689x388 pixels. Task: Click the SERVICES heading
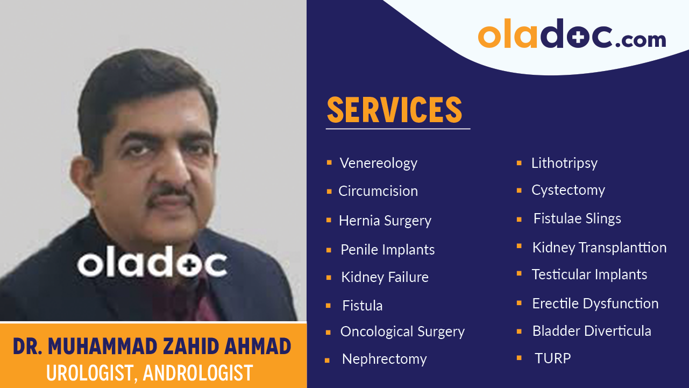pos(395,110)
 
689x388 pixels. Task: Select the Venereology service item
pos(378,163)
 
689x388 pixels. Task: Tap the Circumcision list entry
pos(378,191)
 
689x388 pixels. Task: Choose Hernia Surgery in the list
pos(385,221)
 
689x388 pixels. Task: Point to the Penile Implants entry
pos(387,250)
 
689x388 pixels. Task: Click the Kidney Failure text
pos(385,277)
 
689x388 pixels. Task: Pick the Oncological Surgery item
pos(402,332)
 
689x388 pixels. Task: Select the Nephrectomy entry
pos(384,359)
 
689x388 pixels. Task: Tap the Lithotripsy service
pos(564,163)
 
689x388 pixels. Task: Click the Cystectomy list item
pos(568,190)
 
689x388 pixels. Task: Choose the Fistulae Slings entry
pos(577,218)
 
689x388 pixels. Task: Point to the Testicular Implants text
pos(589,274)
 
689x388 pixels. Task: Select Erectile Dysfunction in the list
pos(595,304)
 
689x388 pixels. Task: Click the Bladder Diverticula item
pos(591,331)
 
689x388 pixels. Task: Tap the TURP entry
pos(552,358)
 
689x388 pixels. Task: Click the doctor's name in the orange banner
pos(152,347)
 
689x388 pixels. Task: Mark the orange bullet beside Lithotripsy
pos(519,163)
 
